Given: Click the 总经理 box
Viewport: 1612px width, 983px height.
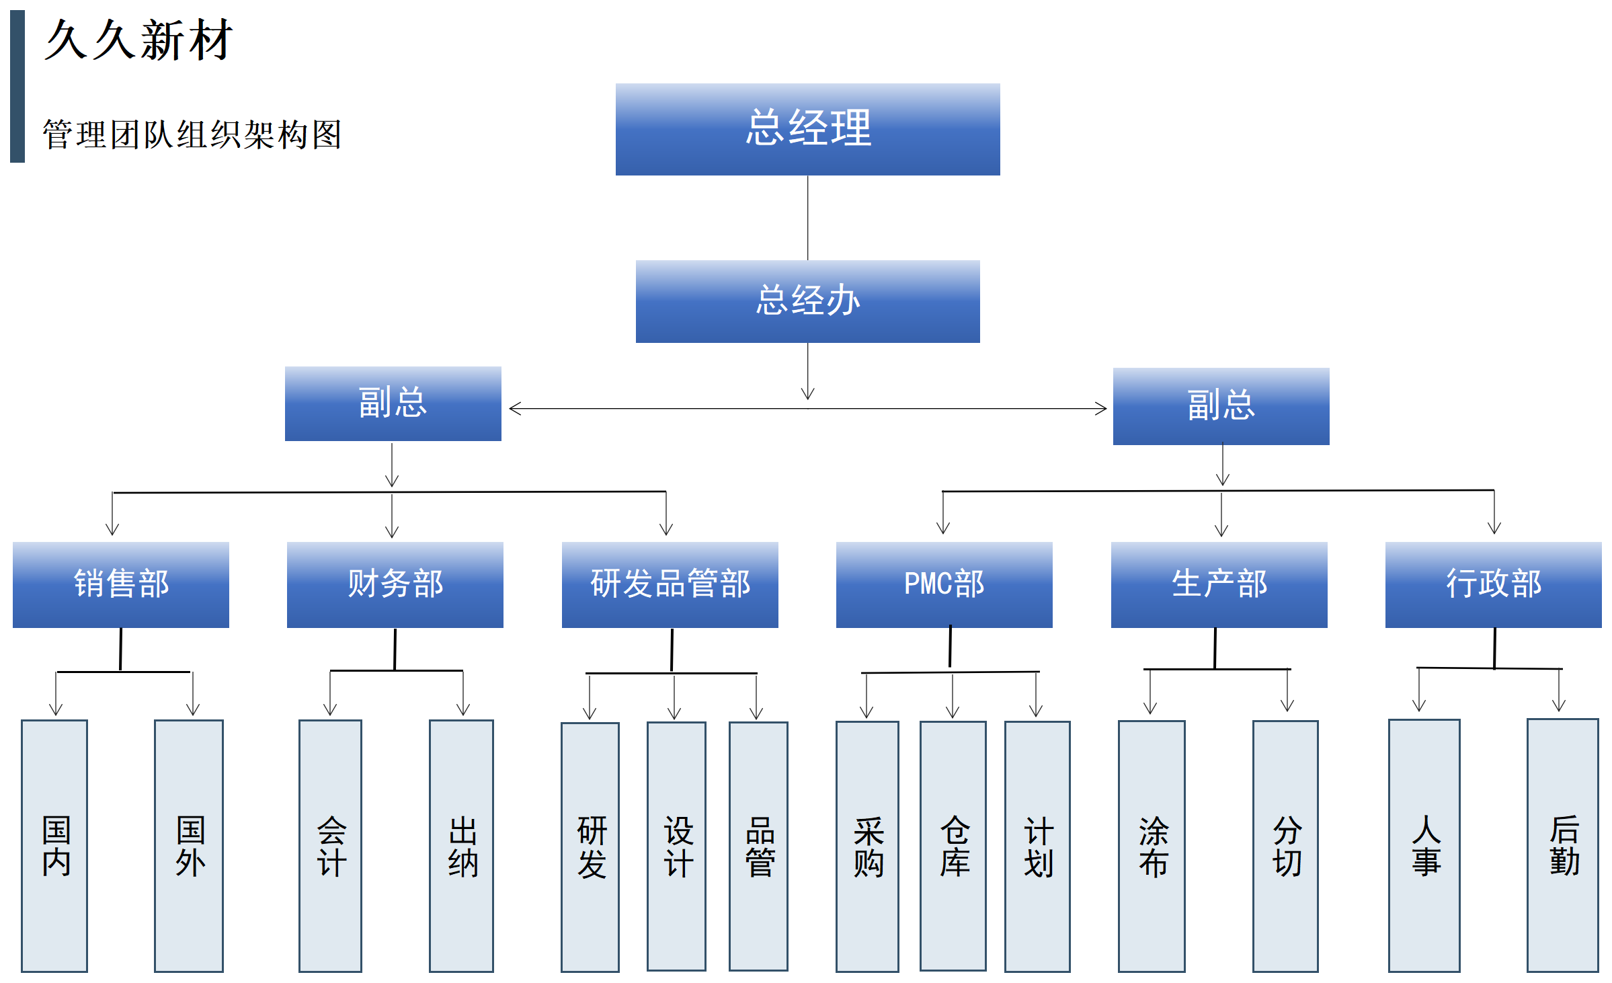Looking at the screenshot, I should pyautogui.click(x=807, y=129).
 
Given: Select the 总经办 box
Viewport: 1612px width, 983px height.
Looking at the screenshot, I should pyautogui.click(x=807, y=301).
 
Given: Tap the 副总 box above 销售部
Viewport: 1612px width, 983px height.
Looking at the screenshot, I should pyautogui.click(x=393, y=403).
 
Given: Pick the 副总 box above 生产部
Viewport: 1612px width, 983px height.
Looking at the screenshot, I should pyautogui.click(x=1221, y=406).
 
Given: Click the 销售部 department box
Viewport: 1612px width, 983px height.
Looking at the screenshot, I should pyautogui.click(x=121, y=584).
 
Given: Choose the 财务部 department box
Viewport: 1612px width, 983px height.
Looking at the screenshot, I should pyautogui.click(x=395, y=584).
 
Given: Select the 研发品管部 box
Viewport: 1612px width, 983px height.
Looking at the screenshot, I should pyautogui.click(x=670, y=584).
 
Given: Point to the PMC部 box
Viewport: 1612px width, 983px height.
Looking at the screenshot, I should pyautogui.click(x=944, y=584).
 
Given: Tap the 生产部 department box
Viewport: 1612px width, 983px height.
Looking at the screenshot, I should pyautogui.click(x=1219, y=584).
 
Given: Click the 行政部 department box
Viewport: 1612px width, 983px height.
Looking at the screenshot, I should pyautogui.click(x=1493, y=584).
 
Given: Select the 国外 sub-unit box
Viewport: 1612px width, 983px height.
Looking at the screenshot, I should pyautogui.click(x=189, y=846).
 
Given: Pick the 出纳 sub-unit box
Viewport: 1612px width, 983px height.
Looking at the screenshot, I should pyautogui.click(x=461, y=846).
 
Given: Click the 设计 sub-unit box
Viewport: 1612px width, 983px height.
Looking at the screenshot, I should pyautogui.click(x=676, y=846).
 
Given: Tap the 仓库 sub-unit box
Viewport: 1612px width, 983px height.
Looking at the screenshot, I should pyautogui.click(x=953, y=846).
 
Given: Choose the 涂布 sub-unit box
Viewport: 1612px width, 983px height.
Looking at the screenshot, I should pyautogui.click(x=1152, y=846).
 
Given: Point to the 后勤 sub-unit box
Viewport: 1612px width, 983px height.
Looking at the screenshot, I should pyautogui.click(x=1562, y=845).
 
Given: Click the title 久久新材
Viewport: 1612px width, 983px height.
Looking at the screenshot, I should pyautogui.click(x=138, y=40).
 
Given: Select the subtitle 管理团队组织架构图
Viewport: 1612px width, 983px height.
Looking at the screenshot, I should pyautogui.click(x=192, y=134).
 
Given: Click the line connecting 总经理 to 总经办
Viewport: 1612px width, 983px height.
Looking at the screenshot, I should pyautogui.click(x=807, y=218).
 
